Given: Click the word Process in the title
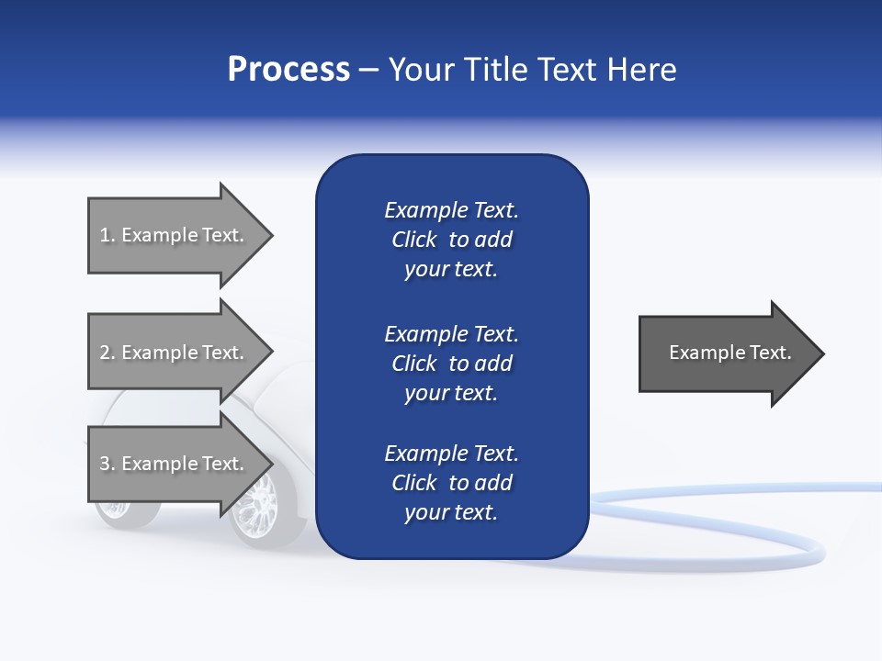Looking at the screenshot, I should (x=288, y=70).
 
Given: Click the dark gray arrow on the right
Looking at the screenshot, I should (x=726, y=353).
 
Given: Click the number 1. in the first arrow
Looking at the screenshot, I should (x=107, y=235).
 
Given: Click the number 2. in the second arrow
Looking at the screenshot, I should (x=107, y=353).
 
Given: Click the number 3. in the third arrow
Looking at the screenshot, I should (x=107, y=464).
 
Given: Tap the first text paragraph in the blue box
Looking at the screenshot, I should (x=451, y=240).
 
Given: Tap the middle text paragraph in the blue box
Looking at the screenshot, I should (x=451, y=364).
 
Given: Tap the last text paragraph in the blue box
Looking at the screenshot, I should (x=451, y=483).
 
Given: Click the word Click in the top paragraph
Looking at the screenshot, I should (x=413, y=240).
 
